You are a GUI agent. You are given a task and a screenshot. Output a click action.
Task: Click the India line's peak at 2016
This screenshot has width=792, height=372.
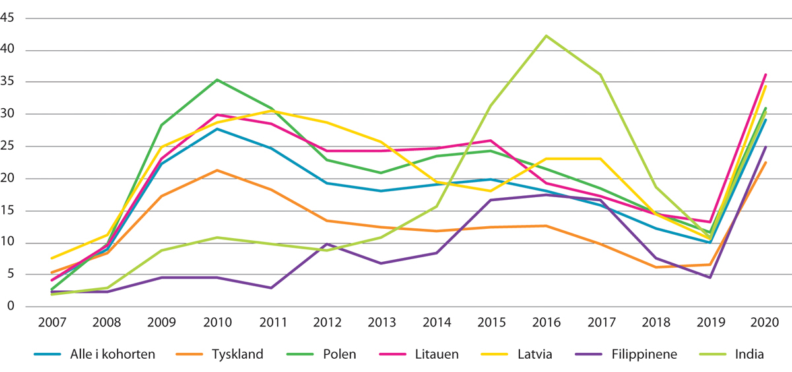pyautogui.click(x=546, y=36)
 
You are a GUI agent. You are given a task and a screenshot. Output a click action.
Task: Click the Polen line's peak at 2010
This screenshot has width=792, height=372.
pyautogui.click(x=216, y=80)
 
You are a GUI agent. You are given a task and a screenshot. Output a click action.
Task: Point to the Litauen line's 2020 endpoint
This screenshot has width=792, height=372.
pyautogui.click(x=766, y=75)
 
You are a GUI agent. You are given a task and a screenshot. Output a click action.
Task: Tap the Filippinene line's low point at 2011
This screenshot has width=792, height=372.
pyautogui.click(x=271, y=288)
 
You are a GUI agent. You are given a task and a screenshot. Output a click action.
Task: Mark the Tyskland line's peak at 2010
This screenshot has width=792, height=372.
pyautogui.click(x=216, y=170)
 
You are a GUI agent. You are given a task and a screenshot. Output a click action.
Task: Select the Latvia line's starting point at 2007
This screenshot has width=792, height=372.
pyautogui.click(x=51, y=258)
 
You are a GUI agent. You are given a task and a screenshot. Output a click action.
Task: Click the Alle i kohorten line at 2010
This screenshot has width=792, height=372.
pyautogui.click(x=216, y=129)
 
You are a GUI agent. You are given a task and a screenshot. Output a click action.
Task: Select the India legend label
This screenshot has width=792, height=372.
pyautogui.click(x=749, y=354)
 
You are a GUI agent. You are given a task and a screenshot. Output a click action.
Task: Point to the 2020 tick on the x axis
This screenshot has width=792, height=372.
pyautogui.click(x=766, y=323)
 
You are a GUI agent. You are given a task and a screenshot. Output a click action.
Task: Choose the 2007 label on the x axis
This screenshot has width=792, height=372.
pyautogui.click(x=51, y=323)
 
